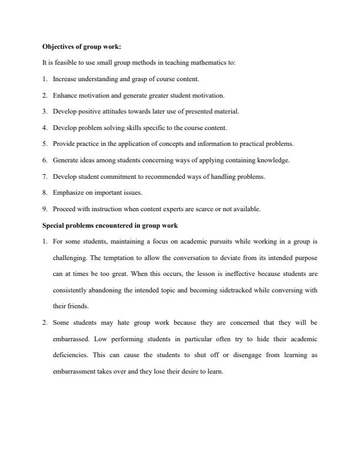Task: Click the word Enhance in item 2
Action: click(65, 95)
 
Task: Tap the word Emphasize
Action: click(68, 192)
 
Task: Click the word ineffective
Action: click(227, 274)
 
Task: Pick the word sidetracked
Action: click(233, 290)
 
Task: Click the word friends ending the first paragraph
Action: click(78, 306)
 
